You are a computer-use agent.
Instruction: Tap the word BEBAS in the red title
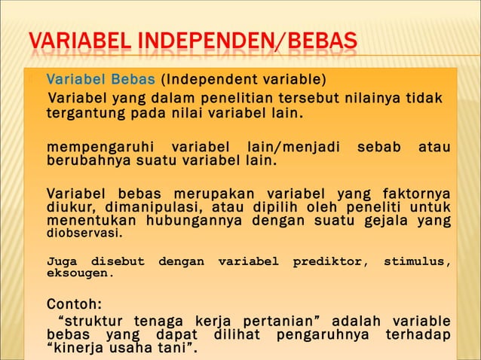[x=315, y=44]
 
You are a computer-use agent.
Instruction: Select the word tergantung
[x=78, y=114]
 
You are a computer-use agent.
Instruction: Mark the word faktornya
[x=415, y=194]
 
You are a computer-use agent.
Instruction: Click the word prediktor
[x=329, y=261]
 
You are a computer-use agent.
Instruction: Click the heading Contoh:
[x=74, y=306]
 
